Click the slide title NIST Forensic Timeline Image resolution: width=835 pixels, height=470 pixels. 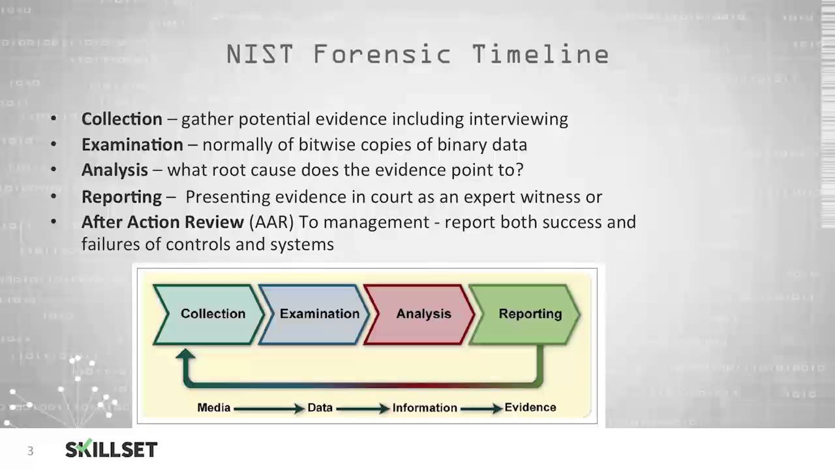(417, 55)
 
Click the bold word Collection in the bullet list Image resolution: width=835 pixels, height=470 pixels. (122, 119)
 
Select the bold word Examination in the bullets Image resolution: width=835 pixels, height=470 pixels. (132, 144)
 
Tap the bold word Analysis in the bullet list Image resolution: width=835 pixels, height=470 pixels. (115, 170)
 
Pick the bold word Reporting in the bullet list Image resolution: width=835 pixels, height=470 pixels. (121, 196)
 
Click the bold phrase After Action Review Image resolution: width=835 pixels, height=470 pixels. (162, 222)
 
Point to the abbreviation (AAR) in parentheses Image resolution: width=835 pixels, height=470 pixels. (271, 222)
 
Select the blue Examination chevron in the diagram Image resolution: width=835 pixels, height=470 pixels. (316, 314)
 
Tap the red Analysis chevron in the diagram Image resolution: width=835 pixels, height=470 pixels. (421, 314)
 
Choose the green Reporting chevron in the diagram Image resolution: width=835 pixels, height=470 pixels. (527, 314)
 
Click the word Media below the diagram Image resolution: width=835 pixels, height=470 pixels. (214, 407)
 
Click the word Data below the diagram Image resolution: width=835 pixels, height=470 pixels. (320, 407)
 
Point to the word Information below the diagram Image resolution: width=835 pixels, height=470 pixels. (425, 407)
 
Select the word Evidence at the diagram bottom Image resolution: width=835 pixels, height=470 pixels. (530, 407)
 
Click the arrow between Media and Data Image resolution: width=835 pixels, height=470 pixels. (268, 409)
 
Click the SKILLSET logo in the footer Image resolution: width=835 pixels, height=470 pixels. (112, 449)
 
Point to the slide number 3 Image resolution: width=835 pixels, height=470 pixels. (30, 451)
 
